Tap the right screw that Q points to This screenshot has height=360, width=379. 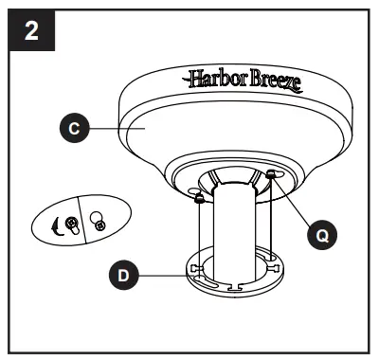coord(272,174)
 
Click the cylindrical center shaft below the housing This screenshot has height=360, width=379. coord(236,237)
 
